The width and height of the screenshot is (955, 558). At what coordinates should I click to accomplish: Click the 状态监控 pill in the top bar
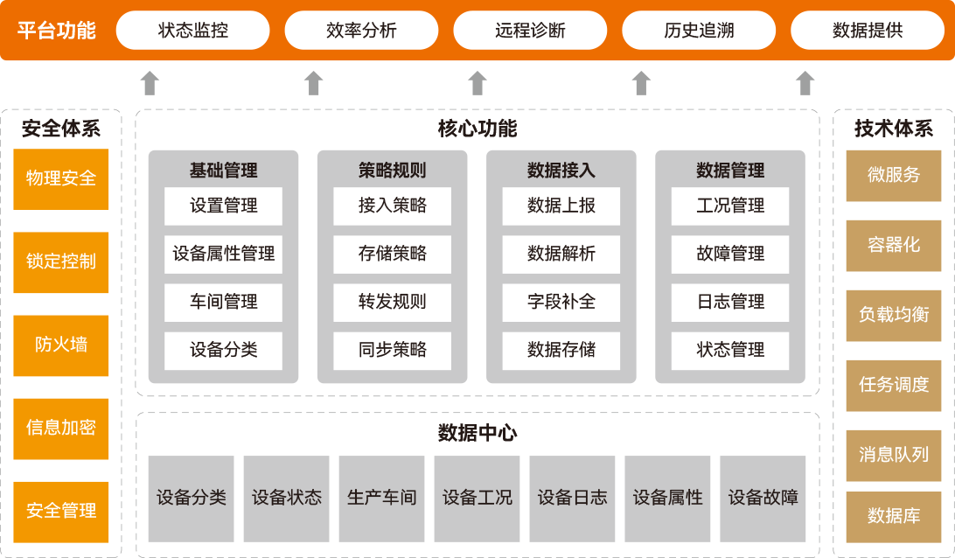(193, 31)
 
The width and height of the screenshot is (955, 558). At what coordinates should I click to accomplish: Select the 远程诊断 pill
(530, 31)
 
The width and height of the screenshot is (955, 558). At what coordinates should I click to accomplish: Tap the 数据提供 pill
(867, 31)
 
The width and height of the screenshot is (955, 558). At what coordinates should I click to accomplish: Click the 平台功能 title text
(57, 31)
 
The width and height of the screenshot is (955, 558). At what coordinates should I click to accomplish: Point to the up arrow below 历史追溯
(641, 83)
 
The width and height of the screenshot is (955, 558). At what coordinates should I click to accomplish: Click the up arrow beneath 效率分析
(313, 83)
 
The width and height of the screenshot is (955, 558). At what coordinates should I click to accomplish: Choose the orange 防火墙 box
(61, 345)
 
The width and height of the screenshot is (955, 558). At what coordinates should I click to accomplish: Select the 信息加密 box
(61, 428)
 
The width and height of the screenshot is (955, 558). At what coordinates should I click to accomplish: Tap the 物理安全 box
(61, 178)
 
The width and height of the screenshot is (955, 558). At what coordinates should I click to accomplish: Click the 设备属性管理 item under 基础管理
(223, 254)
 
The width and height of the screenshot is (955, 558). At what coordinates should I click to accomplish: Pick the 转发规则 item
(393, 302)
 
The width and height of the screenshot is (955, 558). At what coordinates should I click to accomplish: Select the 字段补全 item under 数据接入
(561, 302)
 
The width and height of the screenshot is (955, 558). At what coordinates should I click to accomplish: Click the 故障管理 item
(730, 254)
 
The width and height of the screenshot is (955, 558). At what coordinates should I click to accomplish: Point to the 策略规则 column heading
(393, 171)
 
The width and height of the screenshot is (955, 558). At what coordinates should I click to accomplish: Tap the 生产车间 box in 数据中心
(382, 498)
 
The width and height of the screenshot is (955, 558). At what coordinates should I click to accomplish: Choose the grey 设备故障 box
(763, 498)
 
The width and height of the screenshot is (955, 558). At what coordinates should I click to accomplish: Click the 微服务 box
(894, 175)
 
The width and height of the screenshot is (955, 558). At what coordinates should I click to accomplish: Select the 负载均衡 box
(894, 315)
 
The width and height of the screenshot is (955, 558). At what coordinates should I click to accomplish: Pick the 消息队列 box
(894, 455)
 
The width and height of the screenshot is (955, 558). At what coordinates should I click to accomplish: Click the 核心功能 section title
(477, 129)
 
